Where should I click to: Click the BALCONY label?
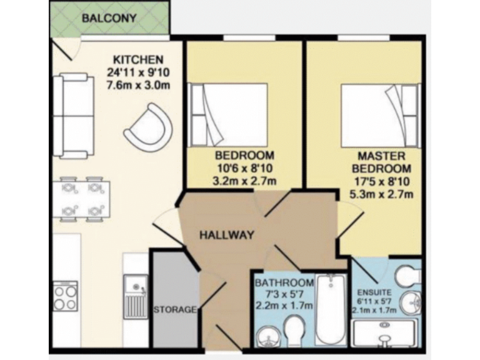pyautogui.click(x=109, y=18)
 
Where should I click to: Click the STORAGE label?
pyautogui.click(x=176, y=309)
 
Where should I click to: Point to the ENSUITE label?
pyautogui.click(x=376, y=291)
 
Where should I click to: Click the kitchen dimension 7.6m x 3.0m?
pyautogui.click(x=139, y=85)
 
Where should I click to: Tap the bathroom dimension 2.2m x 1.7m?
pyautogui.click(x=284, y=306)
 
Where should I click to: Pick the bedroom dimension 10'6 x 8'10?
pyautogui.click(x=244, y=168)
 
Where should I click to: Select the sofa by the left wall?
pyautogui.click(x=71, y=116)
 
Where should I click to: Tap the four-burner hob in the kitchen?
pyautogui.click(x=65, y=297)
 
